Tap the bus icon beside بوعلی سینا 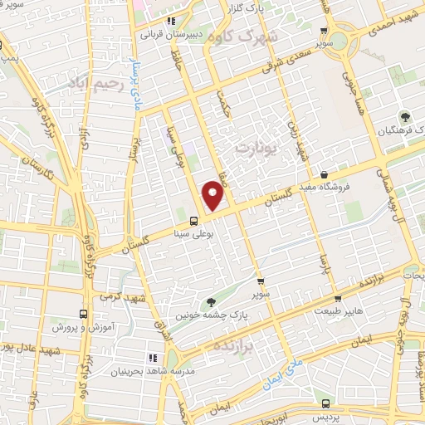pos(193,221)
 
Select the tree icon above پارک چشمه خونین pos(208,302)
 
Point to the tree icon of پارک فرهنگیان pos(405,117)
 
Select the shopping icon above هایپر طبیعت pos(338,299)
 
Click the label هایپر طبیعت pos(338,311)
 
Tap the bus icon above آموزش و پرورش pos(83,315)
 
